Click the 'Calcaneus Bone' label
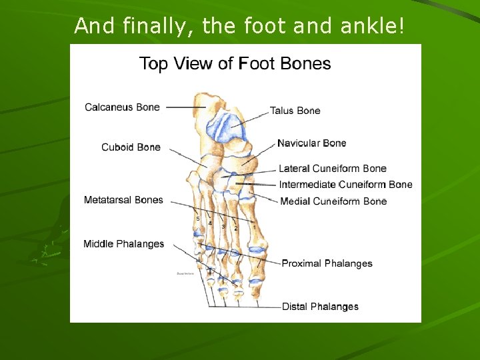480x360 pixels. tap(122, 107)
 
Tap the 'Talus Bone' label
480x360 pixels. tap(295, 111)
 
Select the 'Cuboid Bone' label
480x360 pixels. tap(131, 147)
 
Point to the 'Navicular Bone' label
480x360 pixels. tap(311, 143)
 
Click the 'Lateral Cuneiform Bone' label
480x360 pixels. tap(332, 169)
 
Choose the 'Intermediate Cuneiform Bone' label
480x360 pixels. tap(345, 185)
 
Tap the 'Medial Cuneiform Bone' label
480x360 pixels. tap(333, 201)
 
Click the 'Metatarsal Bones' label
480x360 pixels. tap(123, 200)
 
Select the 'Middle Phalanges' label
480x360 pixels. tap(123, 244)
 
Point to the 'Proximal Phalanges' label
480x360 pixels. tap(327, 263)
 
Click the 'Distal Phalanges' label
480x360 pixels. tap(320, 307)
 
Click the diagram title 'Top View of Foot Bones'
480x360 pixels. tap(235, 64)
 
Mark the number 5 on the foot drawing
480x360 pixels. tap(197, 218)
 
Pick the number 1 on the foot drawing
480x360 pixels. tap(254, 227)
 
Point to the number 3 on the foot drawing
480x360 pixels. tap(223, 227)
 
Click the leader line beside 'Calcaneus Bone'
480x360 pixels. tap(185, 107)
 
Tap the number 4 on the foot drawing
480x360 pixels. tap(210, 223)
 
